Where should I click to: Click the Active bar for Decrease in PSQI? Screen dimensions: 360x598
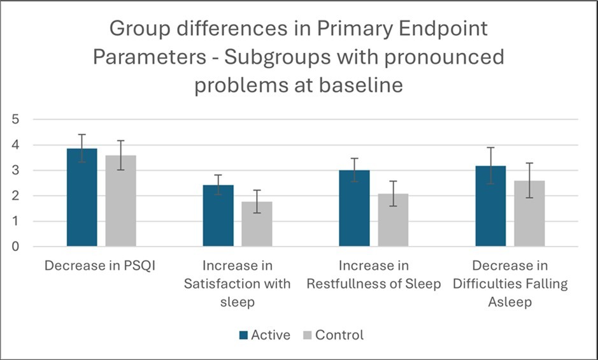pyautogui.click(x=82, y=198)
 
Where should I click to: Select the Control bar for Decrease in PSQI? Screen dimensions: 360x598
pyautogui.click(x=121, y=201)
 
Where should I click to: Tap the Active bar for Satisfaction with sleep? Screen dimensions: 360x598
pyautogui.click(x=218, y=216)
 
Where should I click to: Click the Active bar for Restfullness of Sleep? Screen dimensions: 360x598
pyautogui.click(x=354, y=208)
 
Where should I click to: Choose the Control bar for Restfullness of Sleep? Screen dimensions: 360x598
pyautogui.click(x=393, y=220)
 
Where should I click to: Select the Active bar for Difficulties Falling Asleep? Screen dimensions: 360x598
pyautogui.click(x=490, y=206)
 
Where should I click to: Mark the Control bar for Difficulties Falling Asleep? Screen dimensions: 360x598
pyautogui.click(x=529, y=214)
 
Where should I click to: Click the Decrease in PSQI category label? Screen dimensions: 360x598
pyautogui.click(x=101, y=265)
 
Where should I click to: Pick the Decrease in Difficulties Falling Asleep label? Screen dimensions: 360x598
pyautogui.click(x=510, y=284)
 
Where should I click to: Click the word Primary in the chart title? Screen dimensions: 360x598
pyautogui.click(x=378, y=28)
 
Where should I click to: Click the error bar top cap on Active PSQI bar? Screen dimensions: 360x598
pyautogui.click(x=82, y=134)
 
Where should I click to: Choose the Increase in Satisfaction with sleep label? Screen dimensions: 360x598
pyautogui.click(x=238, y=284)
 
